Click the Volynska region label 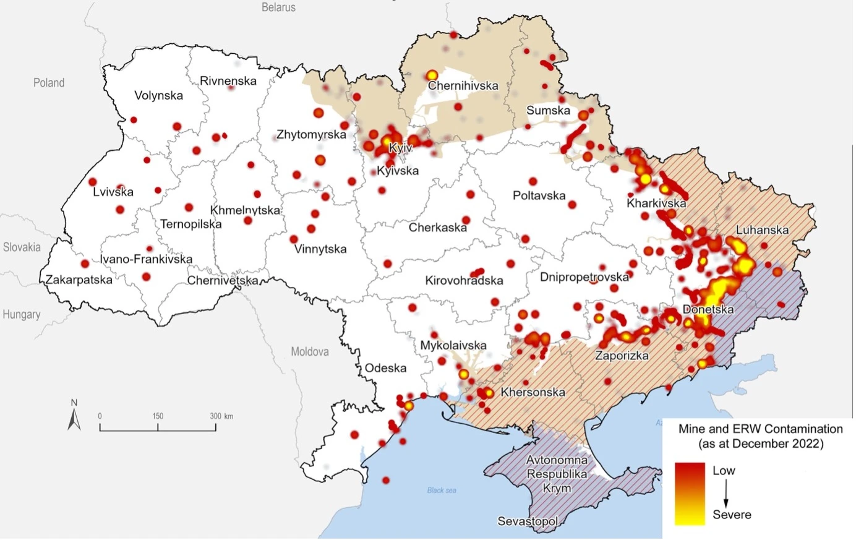coord(158,95)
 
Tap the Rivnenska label coord(228,80)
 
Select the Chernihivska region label coord(463,86)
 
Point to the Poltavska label coord(539,195)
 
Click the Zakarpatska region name coord(79,280)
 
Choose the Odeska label coord(385,368)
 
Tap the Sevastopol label coord(528,521)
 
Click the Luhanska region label coord(762,230)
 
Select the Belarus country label coord(278,7)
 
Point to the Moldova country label coord(309,351)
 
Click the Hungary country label coord(22,314)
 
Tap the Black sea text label coord(442,490)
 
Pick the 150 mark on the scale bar coord(158,416)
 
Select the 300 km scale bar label coord(221,416)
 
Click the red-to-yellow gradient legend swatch coord(690,494)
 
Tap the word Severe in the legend coord(732,515)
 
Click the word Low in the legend coord(724,471)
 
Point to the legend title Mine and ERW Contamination coord(760,429)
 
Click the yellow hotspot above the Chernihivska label coord(432,75)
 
